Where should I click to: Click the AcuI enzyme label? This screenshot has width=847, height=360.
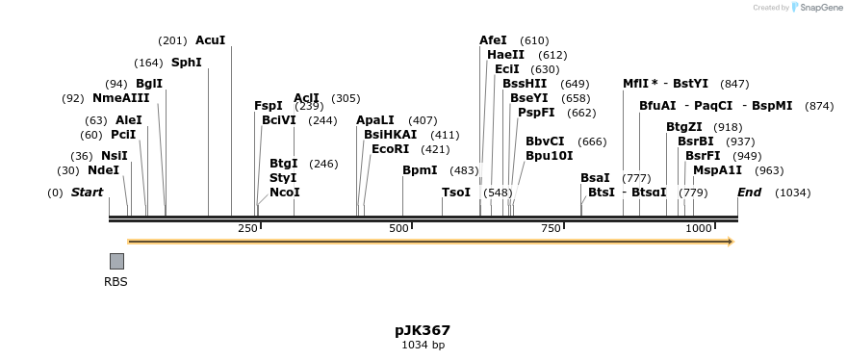tap(210, 40)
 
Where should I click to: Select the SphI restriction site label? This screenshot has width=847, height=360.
tap(187, 63)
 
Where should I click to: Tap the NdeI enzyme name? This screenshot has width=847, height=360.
tap(103, 170)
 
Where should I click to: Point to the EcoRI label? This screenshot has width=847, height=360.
tap(390, 149)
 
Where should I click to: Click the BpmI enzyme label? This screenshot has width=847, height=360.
tap(420, 170)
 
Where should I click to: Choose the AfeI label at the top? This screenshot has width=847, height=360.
tap(493, 40)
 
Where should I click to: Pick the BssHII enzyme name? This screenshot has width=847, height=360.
tap(525, 84)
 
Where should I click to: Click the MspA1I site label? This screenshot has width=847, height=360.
tap(717, 170)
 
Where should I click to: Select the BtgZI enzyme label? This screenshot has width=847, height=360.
tap(683, 127)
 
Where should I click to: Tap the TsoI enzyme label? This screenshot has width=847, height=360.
tap(456, 193)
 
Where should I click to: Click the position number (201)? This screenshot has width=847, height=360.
tap(172, 40)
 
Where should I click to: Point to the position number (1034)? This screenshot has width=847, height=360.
tap(793, 193)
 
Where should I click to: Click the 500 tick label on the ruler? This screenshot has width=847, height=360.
tap(398, 228)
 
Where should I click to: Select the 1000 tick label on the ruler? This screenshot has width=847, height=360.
tap(699, 228)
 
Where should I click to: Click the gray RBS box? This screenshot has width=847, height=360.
tap(116, 261)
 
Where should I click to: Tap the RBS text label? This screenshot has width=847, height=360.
tap(115, 282)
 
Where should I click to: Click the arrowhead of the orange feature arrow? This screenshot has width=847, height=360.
tap(731, 242)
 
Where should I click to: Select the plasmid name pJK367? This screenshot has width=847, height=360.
tap(423, 330)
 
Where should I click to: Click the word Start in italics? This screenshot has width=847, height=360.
tap(87, 193)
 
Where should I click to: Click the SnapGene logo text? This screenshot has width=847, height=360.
tap(820, 8)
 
